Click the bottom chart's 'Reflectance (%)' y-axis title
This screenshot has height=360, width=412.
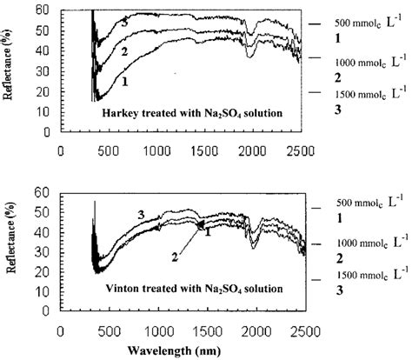click(11, 250)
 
